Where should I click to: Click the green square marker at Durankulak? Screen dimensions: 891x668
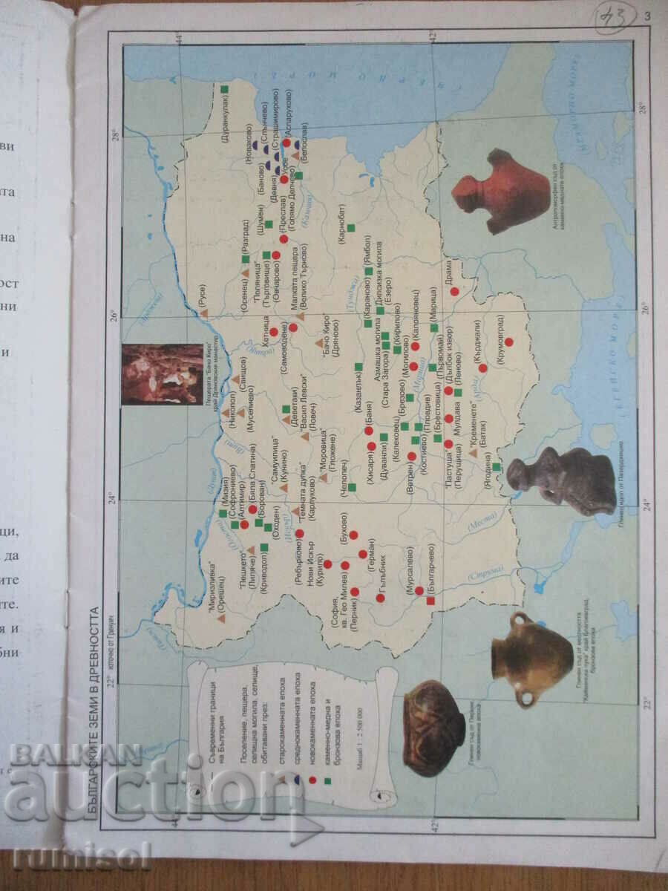click(224, 89)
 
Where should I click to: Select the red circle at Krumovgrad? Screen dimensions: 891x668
click(509, 342)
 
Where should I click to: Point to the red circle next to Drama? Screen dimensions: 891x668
click(454, 292)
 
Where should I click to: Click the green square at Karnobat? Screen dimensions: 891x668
click(351, 227)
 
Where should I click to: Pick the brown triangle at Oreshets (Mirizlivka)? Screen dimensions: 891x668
click(221, 618)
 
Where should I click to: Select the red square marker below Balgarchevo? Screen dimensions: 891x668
click(430, 601)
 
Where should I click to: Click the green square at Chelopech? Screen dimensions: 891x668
click(353, 488)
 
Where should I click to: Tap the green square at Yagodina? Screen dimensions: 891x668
click(496, 467)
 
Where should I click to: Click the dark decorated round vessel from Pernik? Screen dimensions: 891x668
click(434, 728)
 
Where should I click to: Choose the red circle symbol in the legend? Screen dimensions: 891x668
click(312, 780)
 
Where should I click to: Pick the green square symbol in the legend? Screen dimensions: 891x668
click(327, 780)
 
